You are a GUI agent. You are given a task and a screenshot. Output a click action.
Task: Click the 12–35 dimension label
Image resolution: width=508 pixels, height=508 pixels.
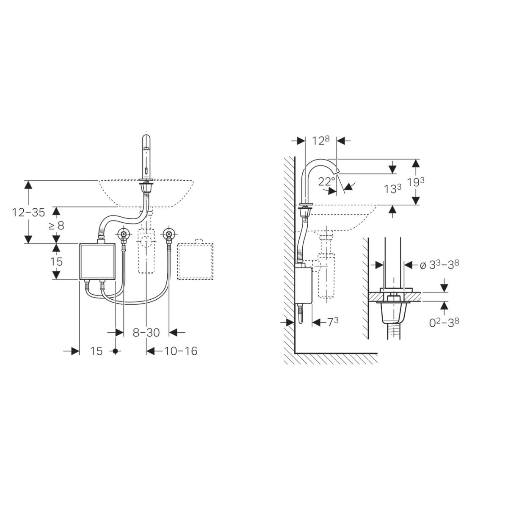[28, 213]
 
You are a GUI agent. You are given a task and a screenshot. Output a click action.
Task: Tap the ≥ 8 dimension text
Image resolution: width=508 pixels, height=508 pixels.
[56, 226]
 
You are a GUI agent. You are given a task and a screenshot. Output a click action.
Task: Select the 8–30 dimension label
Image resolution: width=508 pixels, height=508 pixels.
[146, 333]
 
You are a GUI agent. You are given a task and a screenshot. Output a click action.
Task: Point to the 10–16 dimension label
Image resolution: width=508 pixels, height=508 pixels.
[181, 351]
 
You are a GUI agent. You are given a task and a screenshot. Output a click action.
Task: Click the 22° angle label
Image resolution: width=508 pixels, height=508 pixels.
[326, 181]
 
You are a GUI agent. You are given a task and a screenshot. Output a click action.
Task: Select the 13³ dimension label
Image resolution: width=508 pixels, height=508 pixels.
[392, 189]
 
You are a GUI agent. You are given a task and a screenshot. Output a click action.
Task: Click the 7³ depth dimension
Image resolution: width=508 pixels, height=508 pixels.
[333, 322]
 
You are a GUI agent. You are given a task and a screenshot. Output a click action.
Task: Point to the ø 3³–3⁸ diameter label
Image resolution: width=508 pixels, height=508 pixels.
[439, 265]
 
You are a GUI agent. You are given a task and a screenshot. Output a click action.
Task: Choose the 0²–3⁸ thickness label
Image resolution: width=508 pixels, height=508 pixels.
[444, 322]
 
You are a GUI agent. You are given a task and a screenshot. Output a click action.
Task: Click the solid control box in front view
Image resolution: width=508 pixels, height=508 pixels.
[97, 261]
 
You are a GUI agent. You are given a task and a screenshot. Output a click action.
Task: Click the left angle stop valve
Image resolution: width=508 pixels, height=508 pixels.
[124, 234]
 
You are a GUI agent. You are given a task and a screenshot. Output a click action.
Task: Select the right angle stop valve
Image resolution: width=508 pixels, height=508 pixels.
[169, 234]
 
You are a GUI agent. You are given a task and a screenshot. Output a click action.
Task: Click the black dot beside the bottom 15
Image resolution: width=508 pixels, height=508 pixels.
[115, 351]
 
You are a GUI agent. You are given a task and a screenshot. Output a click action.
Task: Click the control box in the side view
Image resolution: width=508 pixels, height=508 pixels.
[303, 285]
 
